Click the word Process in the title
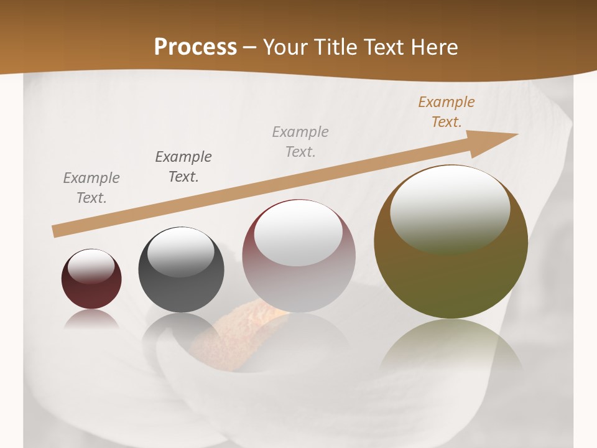coord(195,47)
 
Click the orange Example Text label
coord(446,112)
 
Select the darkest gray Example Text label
coord(183,166)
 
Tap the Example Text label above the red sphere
coord(91,187)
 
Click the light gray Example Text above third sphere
coord(300,141)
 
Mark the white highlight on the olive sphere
coord(450,202)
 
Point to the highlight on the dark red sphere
coord(91,266)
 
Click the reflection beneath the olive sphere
coord(451,348)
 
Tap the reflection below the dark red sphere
coord(91,319)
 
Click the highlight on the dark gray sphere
coord(180,252)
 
